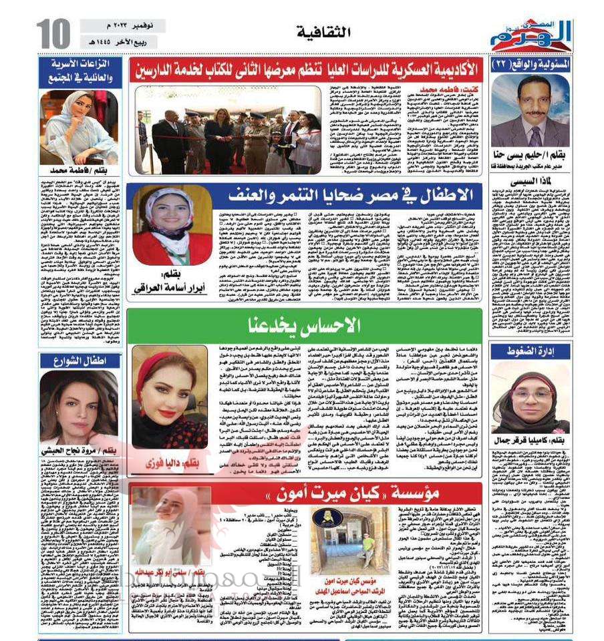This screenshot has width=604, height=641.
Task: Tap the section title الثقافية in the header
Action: pos(318,31)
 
